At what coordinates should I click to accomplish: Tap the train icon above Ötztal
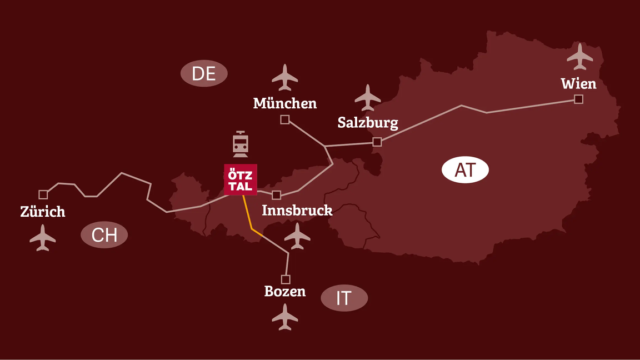coord(241,144)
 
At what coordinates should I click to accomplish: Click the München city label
coord(285,103)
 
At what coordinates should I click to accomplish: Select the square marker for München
coord(285,119)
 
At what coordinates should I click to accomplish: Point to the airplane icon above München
coord(285,77)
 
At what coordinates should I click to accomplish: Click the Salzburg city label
coord(368,123)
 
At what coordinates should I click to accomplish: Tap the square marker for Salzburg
coord(377,142)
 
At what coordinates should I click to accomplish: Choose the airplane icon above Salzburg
coord(367,98)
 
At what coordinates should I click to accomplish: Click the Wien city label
coord(578,84)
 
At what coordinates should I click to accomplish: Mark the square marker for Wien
coord(579,99)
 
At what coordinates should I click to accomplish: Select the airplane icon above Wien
coord(580,56)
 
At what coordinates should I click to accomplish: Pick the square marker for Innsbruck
coord(277,195)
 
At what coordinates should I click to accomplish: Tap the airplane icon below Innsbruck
coord(297,236)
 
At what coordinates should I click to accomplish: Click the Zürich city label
coord(43,212)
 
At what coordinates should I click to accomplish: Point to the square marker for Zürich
coord(43,194)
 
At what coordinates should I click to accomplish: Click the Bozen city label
coord(285,292)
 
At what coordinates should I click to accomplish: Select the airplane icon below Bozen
coord(285,317)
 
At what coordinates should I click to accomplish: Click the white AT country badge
coord(465,170)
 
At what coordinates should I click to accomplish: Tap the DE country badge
coord(204,73)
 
